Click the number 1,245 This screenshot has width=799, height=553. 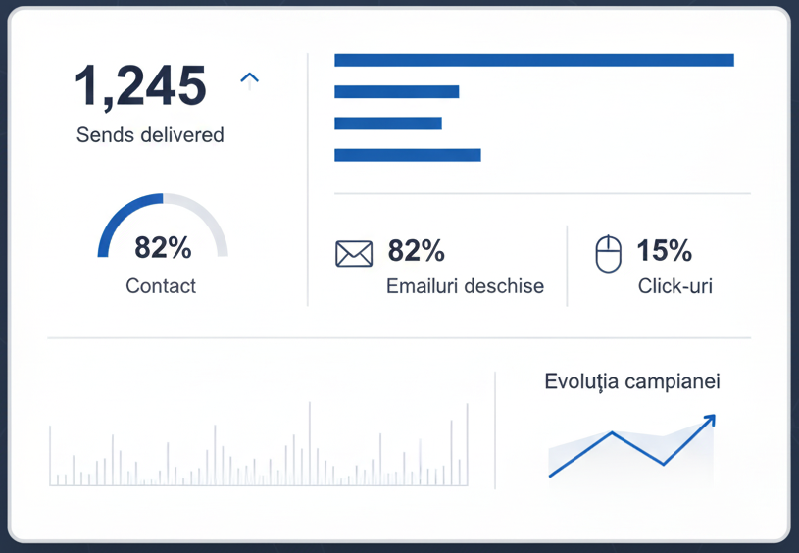[140, 85]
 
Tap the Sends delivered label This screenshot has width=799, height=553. [150, 135]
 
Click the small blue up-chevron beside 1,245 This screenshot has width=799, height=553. [249, 78]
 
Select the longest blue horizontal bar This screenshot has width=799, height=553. [533, 60]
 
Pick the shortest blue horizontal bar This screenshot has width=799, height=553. [387, 124]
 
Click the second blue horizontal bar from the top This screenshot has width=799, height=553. [396, 92]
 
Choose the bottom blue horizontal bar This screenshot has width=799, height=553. [407, 155]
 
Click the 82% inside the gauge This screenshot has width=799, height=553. [163, 248]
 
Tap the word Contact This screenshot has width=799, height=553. [161, 286]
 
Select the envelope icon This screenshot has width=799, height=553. [354, 254]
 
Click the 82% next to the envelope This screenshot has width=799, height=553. [416, 251]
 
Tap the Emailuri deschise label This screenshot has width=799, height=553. [465, 287]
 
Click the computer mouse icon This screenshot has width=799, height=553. [609, 254]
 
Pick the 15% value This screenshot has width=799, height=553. [664, 251]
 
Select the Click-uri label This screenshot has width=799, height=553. [674, 287]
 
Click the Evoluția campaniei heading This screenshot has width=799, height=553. [632, 381]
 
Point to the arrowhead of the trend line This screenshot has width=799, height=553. [710, 420]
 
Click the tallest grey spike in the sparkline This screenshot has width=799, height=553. [310, 441]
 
